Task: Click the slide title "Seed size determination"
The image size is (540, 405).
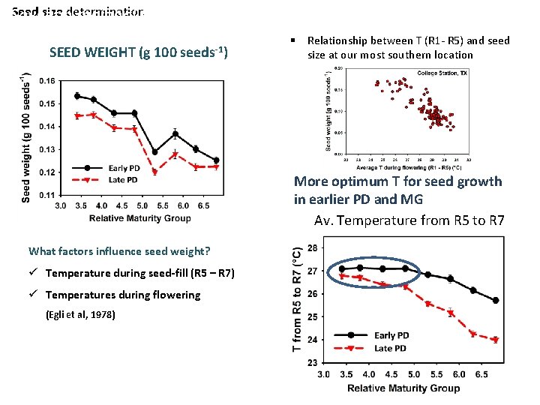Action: pyautogui.click(x=78, y=12)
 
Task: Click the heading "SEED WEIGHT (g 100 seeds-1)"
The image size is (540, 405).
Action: pyautogui.click(x=138, y=52)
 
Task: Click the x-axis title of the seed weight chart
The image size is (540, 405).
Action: pyautogui.click(x=140, y=218)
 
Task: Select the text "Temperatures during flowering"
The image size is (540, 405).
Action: pyautogui.click(x=123, y=295)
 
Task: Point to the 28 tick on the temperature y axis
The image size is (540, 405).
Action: pyautogui.click(x=312, y=247)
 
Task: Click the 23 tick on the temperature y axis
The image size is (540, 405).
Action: pyautogui.click(x=312, y=362)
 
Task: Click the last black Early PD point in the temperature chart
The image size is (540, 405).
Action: pyautogui.click(x=496, y=300)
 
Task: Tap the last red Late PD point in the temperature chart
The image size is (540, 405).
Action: pyautogui.click(x=496, y=340)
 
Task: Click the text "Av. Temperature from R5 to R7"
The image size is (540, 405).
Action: pyautogui.click(x=409, y=220)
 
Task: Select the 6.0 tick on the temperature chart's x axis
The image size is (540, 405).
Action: pyautogui.click(x=459, y=373)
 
